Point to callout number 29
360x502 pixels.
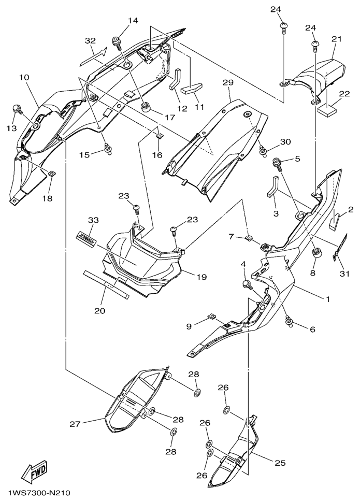[228, 82]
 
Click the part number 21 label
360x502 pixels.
[336, 39]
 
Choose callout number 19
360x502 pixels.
[201, 276]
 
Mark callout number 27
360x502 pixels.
[76, 424]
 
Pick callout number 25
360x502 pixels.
[280, 463]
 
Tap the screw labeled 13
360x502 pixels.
[17, 109]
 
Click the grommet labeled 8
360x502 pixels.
[317, 255]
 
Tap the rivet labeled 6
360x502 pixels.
[290, 321]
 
